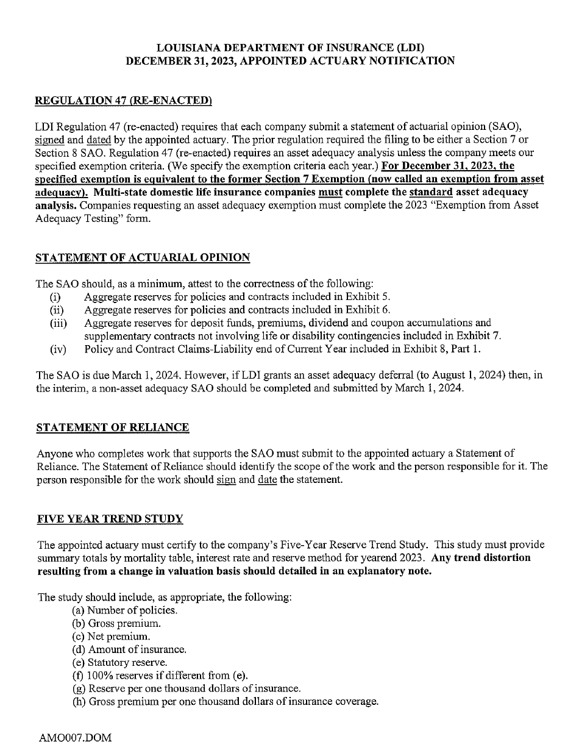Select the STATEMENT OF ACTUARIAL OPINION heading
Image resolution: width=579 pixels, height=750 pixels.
click(143, 257)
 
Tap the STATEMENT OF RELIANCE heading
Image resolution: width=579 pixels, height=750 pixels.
click(113, 427)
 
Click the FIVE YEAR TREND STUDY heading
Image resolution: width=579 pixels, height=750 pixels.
click(110, 519)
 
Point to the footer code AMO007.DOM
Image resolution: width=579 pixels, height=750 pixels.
click(76, 738)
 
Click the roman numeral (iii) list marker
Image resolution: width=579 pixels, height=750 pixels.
click(58, 323)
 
